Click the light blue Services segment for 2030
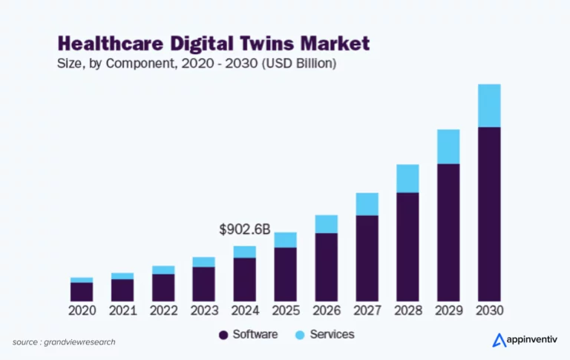[489, 105]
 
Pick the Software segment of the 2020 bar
[82, 291]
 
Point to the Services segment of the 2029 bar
[448, 146]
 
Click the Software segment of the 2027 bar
[367, 258]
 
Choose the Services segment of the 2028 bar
[407, 178]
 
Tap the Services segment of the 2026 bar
[327, 224]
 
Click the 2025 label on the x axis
[286, 310]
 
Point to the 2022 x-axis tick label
[163, 310]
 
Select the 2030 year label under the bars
[489, 310]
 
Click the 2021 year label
[122, 310]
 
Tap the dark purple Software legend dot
[223, 335]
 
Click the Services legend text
[332, 335]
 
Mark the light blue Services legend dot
[300, 335]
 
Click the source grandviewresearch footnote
[64, 342]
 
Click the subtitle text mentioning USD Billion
[197, 64]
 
